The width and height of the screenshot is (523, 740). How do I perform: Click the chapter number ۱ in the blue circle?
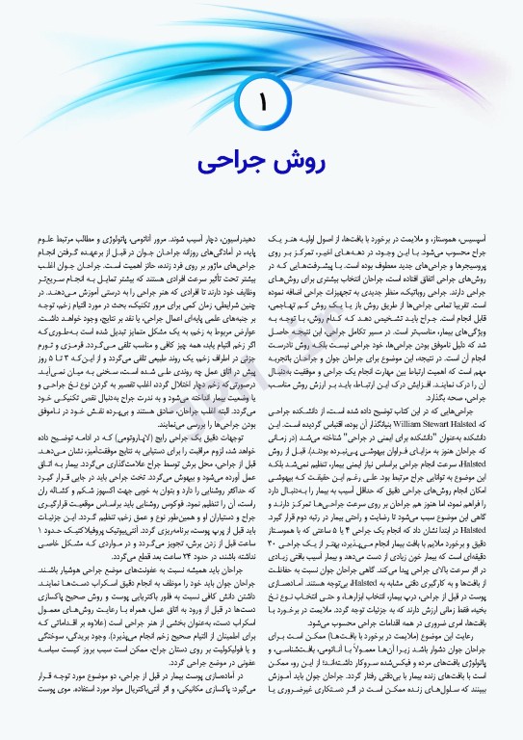[x=262, y=99]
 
